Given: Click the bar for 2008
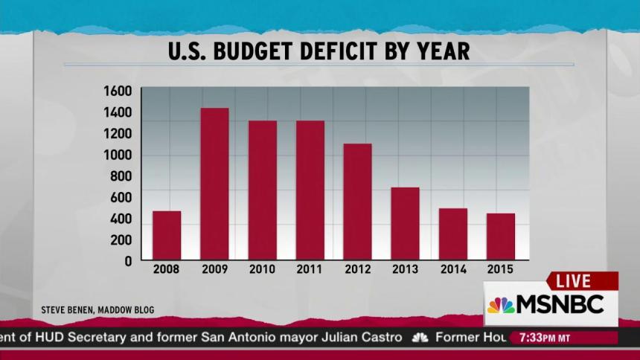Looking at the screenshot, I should tap(167, 235).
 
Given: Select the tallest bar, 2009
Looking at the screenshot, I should tap(214, 184).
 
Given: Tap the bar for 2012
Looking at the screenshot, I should tap(357, 202).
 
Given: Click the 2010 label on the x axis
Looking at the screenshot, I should tap(262, 269).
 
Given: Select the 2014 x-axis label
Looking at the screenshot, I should tap(453, 269).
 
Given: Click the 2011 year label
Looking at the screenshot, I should tap(310, 269).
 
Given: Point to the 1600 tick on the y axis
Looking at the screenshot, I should tap(118, 91).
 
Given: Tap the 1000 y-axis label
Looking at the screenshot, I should tap(118, 155).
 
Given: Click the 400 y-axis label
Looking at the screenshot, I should tap(121, 219).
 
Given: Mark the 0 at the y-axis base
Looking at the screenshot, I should tap(127, 262).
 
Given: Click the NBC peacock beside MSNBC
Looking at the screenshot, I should tap(501, 305).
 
